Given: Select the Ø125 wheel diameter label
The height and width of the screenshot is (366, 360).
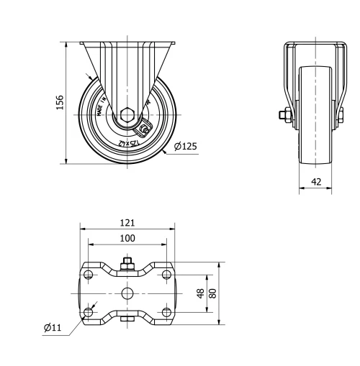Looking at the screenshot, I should (185, 147).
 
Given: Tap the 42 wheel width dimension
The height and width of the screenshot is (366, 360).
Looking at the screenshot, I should (316, 181).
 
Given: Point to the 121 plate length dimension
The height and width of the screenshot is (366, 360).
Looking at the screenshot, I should (127, 223).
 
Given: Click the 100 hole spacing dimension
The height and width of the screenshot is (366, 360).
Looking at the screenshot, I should (127, 238).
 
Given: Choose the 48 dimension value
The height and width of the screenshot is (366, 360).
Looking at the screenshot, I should (200, 293).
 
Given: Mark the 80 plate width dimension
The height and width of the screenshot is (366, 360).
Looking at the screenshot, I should (212, 293).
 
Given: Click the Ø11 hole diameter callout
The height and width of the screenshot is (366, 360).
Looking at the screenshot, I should (52, 328).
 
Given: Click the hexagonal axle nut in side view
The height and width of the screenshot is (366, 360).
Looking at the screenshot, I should (127, 114).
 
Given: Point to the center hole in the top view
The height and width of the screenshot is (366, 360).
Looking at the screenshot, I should (127, 293).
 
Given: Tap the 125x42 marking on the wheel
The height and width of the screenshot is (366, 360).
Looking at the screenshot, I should (127, 143).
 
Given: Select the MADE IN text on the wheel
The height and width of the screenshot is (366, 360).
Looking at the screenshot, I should (101, 103).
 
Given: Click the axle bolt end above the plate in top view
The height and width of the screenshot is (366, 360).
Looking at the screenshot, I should (127, 263).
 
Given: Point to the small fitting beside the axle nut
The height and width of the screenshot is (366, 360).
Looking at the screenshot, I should (144, 129).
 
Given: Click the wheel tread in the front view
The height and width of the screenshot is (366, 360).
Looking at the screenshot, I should (315, 144).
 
